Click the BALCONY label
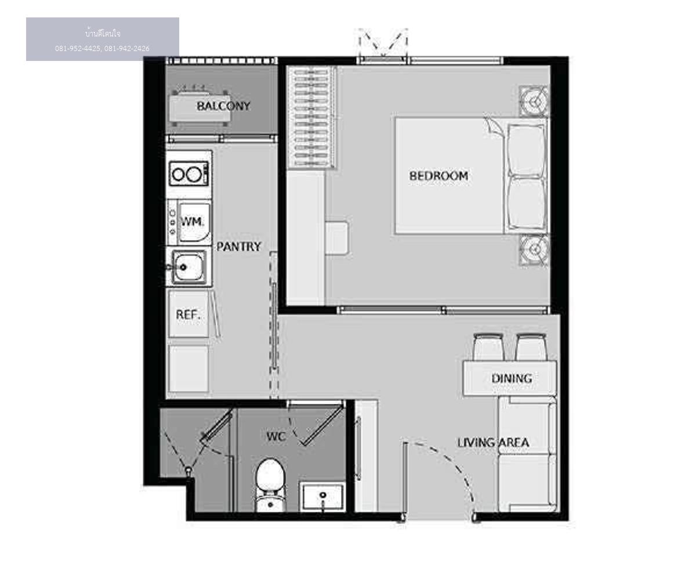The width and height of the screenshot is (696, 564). coord(223,106)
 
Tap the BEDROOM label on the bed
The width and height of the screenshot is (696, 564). coord(438,176)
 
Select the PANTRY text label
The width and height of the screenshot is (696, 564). coord(238,247)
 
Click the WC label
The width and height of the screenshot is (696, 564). coord(276,436)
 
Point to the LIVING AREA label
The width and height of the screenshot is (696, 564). coord(493,443)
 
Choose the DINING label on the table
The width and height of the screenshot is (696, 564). coord(512,379)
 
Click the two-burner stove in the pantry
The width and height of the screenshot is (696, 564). coord(189,174)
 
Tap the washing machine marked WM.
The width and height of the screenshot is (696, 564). coord(189,222)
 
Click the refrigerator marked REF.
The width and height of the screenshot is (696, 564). coord(188,314)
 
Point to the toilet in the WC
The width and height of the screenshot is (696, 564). coord(270,485)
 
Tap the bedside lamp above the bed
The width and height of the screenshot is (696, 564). coord(534,102)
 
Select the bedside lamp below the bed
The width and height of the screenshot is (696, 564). coord(534,250)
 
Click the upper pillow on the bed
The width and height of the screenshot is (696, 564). coord(527,150)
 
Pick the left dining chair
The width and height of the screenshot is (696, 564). coord(488,347)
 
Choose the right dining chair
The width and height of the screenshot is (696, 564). coord(531,347)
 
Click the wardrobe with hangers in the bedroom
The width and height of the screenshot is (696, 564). coord(311,118)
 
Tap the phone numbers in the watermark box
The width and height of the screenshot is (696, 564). coord(102,49)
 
